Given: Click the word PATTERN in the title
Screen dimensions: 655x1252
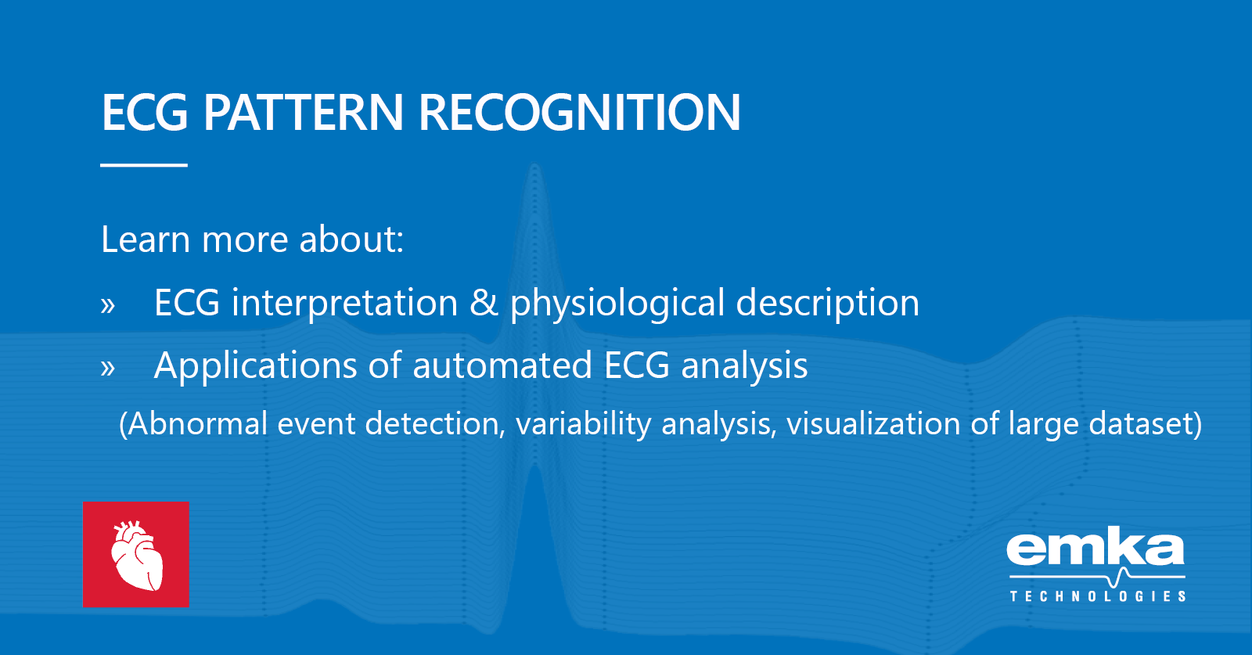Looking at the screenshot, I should pyautogui.click(x=304, y=113).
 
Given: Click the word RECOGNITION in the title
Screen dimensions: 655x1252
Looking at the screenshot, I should pyautogui.click(x=580, y=113).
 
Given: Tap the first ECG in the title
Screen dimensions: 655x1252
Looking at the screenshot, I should pyautogui.click(x=145, y=113).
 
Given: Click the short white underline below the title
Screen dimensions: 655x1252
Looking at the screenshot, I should pyautogui.click(x=144, y=165).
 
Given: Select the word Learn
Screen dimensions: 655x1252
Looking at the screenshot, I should pyautogui.click(x=146, y=239).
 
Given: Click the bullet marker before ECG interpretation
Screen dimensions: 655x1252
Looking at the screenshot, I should pyautogui.click(x=108, y=305).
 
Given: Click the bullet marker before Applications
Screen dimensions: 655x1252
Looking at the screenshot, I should pyautogui.click(x=108, y=368).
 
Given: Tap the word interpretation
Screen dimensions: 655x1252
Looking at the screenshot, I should pyautogui.click(x=344, y=304).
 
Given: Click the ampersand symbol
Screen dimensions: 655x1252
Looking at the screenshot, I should pyautogui.click(x=484, y=304).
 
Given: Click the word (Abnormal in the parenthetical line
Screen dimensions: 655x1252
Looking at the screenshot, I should pyautogui.click(x=193, y=424).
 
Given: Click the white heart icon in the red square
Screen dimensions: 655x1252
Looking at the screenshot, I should pyautogui.click(x=136, y=555).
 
